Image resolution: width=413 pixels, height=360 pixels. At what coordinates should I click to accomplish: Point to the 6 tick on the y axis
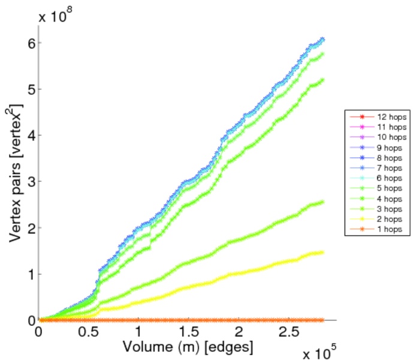coord(30,43)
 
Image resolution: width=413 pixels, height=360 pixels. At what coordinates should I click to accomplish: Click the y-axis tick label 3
coord(30,182)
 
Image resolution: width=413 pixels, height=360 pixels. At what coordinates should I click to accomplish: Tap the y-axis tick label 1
coord(30,274)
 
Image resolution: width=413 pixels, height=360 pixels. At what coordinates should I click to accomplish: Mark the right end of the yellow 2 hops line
coord(322,252)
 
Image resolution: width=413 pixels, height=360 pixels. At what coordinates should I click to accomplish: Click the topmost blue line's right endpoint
coord(323,40)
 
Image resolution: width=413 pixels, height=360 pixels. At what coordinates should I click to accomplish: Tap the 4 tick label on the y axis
coord(30,136)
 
